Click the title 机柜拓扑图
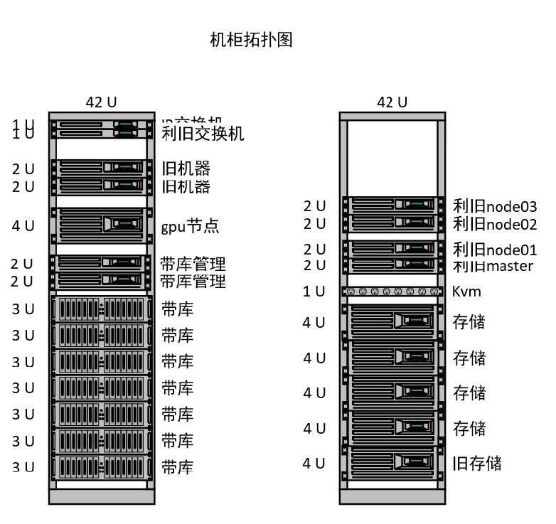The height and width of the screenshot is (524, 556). (251, 40)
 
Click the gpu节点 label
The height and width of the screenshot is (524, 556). (190, 227)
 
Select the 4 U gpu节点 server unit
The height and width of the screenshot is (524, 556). (102, 225)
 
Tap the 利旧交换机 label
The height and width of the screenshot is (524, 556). (203, 134)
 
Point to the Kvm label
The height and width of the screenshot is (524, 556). (466, 292)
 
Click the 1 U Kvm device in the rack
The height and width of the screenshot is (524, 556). (392, 292)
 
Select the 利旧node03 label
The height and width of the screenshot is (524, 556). (495, 207)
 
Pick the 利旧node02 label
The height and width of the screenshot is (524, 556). (495, 224)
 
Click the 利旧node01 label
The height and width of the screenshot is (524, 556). (495, 250)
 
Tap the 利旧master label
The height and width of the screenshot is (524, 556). (493, 266)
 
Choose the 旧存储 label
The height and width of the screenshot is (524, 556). (477, 464)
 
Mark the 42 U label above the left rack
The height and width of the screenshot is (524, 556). (101, 102)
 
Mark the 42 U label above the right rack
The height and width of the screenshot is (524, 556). (392, 102)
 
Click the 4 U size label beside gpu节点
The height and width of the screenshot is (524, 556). (23, 226)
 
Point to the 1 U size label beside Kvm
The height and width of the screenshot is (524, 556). (314, 292)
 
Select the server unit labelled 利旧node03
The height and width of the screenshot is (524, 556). (392, 205)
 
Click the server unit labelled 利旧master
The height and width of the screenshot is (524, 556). (392, 264)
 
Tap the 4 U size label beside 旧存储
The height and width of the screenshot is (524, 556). (314, 464)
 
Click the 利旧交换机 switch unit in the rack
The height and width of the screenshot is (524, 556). (102, 132)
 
